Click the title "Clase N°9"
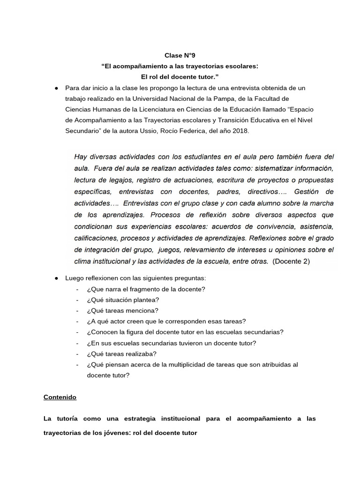pos(180,55)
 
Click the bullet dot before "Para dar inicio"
pos(56,88)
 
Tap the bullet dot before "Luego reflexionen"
pos(56,278)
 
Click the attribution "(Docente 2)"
pos(291,261)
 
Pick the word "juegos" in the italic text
pos(173,249)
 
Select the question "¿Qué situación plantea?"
pos(123,300)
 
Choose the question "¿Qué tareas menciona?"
pos(122,310)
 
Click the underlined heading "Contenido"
pos(60,397)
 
